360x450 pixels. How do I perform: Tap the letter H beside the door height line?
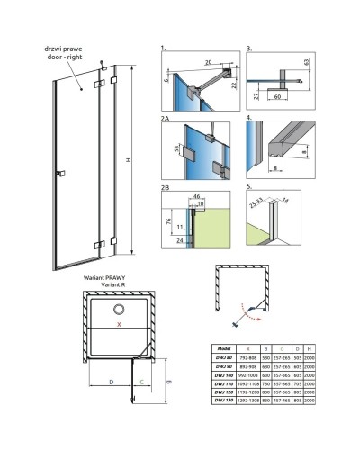(x=130, y=160)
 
